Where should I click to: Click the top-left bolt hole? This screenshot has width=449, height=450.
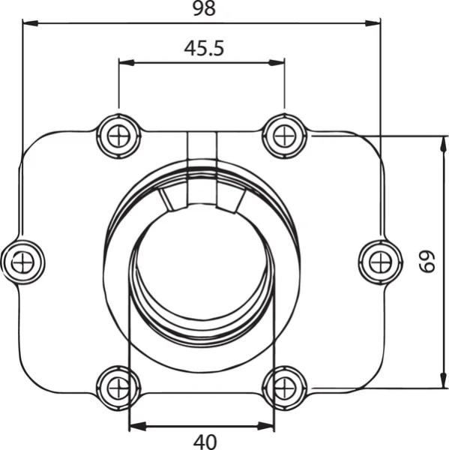coord(118,136)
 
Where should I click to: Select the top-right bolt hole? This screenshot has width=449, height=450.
coord(285,136)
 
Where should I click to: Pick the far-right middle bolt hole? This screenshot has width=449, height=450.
coord(379,261)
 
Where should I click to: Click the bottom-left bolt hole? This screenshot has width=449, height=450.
coord(118,387)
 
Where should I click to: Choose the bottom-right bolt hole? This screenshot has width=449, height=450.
coord(285,387)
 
